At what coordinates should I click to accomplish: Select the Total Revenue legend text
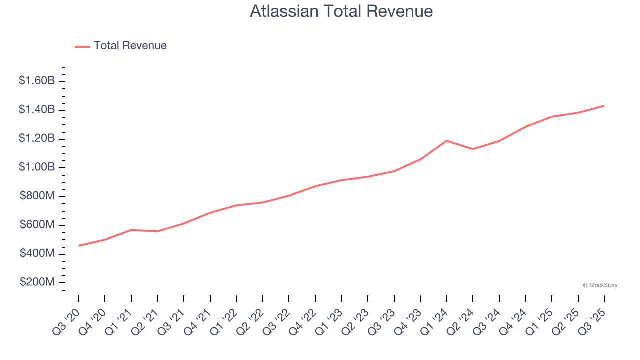pos(130,46)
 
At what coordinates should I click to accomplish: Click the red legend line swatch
pos(82,46)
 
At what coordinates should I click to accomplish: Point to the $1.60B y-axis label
pos(37,80)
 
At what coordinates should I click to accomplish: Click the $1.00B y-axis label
pos(37,167)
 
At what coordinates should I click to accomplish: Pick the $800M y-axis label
pos(37,196)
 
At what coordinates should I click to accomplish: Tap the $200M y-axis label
pos(37,282)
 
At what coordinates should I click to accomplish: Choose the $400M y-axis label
pos(37,253)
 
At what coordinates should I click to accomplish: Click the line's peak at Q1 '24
pos(446,141)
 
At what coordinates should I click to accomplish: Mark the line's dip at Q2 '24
pos(473,149)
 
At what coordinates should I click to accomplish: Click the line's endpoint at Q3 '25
pos(604,106)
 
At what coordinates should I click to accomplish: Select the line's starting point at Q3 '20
pos(79,245)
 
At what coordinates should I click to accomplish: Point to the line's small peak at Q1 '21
pos(131,230)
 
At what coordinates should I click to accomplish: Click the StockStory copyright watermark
pos(600,285)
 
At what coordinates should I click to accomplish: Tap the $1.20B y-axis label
pos(37,138)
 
